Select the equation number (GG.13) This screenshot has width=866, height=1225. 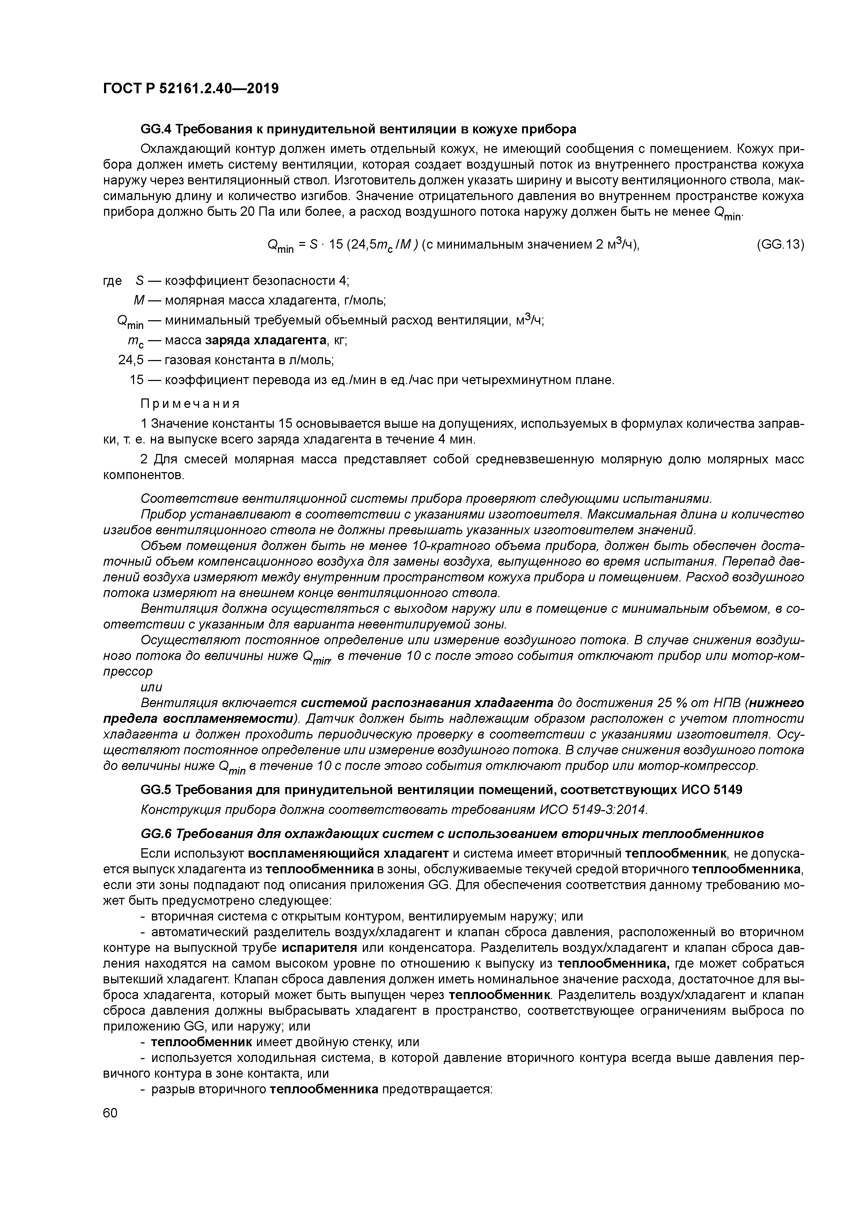[779, 244]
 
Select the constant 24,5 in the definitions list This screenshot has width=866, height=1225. [131, 360]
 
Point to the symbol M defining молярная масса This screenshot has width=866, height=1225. [139, 300]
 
